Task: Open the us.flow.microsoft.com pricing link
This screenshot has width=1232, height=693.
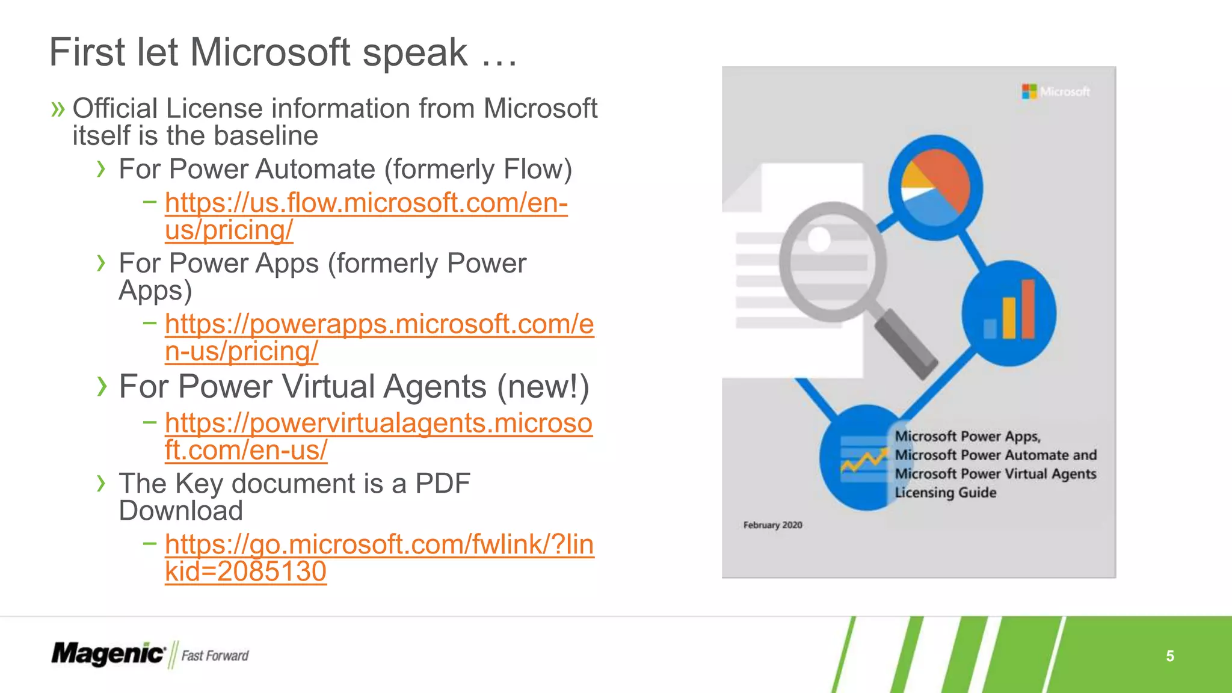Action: pyautogui.click(x=366, y=203)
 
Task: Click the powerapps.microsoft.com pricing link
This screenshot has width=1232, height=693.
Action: pyautogui.click(x=379, y=325)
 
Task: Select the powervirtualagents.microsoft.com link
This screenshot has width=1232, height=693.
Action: pyautogui.click(x=378, y=423)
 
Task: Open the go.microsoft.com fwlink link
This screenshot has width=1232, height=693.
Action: pyautogui.click(x=379, y=545)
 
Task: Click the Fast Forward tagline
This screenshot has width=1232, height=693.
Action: pyautogui.click(x=215, y=656)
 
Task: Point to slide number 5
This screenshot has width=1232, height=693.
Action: pyautogui.click(x=1169, y=656)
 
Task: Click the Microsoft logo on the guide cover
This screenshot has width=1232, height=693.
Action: pyautogui.click(x=1056, y=91)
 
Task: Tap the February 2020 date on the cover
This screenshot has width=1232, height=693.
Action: pyautogui.click(x=772, y=525)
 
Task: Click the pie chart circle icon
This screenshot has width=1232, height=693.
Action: pyautogui.click(x=935, y=187)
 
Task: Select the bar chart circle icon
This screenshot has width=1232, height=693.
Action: pyautogui.click(x=1009, y=313)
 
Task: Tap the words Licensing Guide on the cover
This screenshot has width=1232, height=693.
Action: pyautogui.click(x=945, y=493)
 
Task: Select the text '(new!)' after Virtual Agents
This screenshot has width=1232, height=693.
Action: pyautogui.click(x=543, y=386)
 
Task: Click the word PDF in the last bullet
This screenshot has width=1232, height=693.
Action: pyautogui.click(x=443, y=484)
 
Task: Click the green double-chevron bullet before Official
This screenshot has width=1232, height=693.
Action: pyautogui.click(x=58, y=109)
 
